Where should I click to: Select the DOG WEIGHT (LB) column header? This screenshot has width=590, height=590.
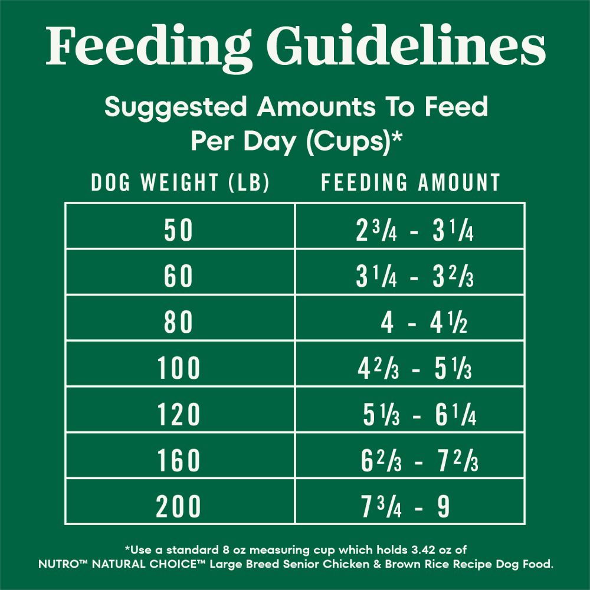click(180, 183)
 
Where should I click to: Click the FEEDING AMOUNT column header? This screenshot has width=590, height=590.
click(411, 183)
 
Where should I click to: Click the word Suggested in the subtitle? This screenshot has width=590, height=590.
click(176, 107)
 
